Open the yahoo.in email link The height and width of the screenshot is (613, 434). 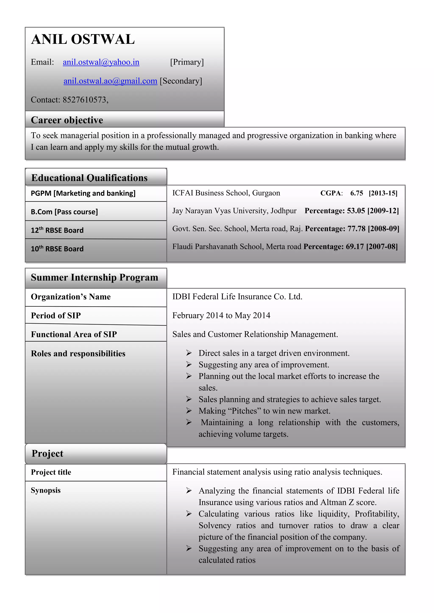(x=101, y=62)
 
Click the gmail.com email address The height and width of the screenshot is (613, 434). (x=110, y=81)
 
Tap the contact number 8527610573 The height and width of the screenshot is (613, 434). (x=85, y=100)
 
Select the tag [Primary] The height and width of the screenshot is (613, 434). (x=187, y=62)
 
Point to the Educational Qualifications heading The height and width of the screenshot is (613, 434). (x=89, y=178)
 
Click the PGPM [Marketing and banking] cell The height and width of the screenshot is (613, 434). (x=83, y=193)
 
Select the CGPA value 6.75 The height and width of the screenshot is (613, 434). (x=356, y=193)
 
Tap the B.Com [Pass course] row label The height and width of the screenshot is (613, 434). (x=64, y=212)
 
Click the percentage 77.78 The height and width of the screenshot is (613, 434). (x=356, y=229)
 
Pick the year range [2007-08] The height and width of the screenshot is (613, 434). (x=382, y=246)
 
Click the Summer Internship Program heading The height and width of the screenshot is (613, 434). (x=94, y=278)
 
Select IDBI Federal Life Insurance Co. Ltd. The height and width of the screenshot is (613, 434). (x=237, y=297)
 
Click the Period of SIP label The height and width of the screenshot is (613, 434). (x=56, y=316)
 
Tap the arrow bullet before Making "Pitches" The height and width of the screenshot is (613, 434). (x=189, y=411)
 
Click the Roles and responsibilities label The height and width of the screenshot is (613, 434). (x=78, y=353)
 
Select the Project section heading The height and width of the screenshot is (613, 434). (x=47, y=454)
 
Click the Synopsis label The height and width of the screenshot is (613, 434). (x=46, y=490)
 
